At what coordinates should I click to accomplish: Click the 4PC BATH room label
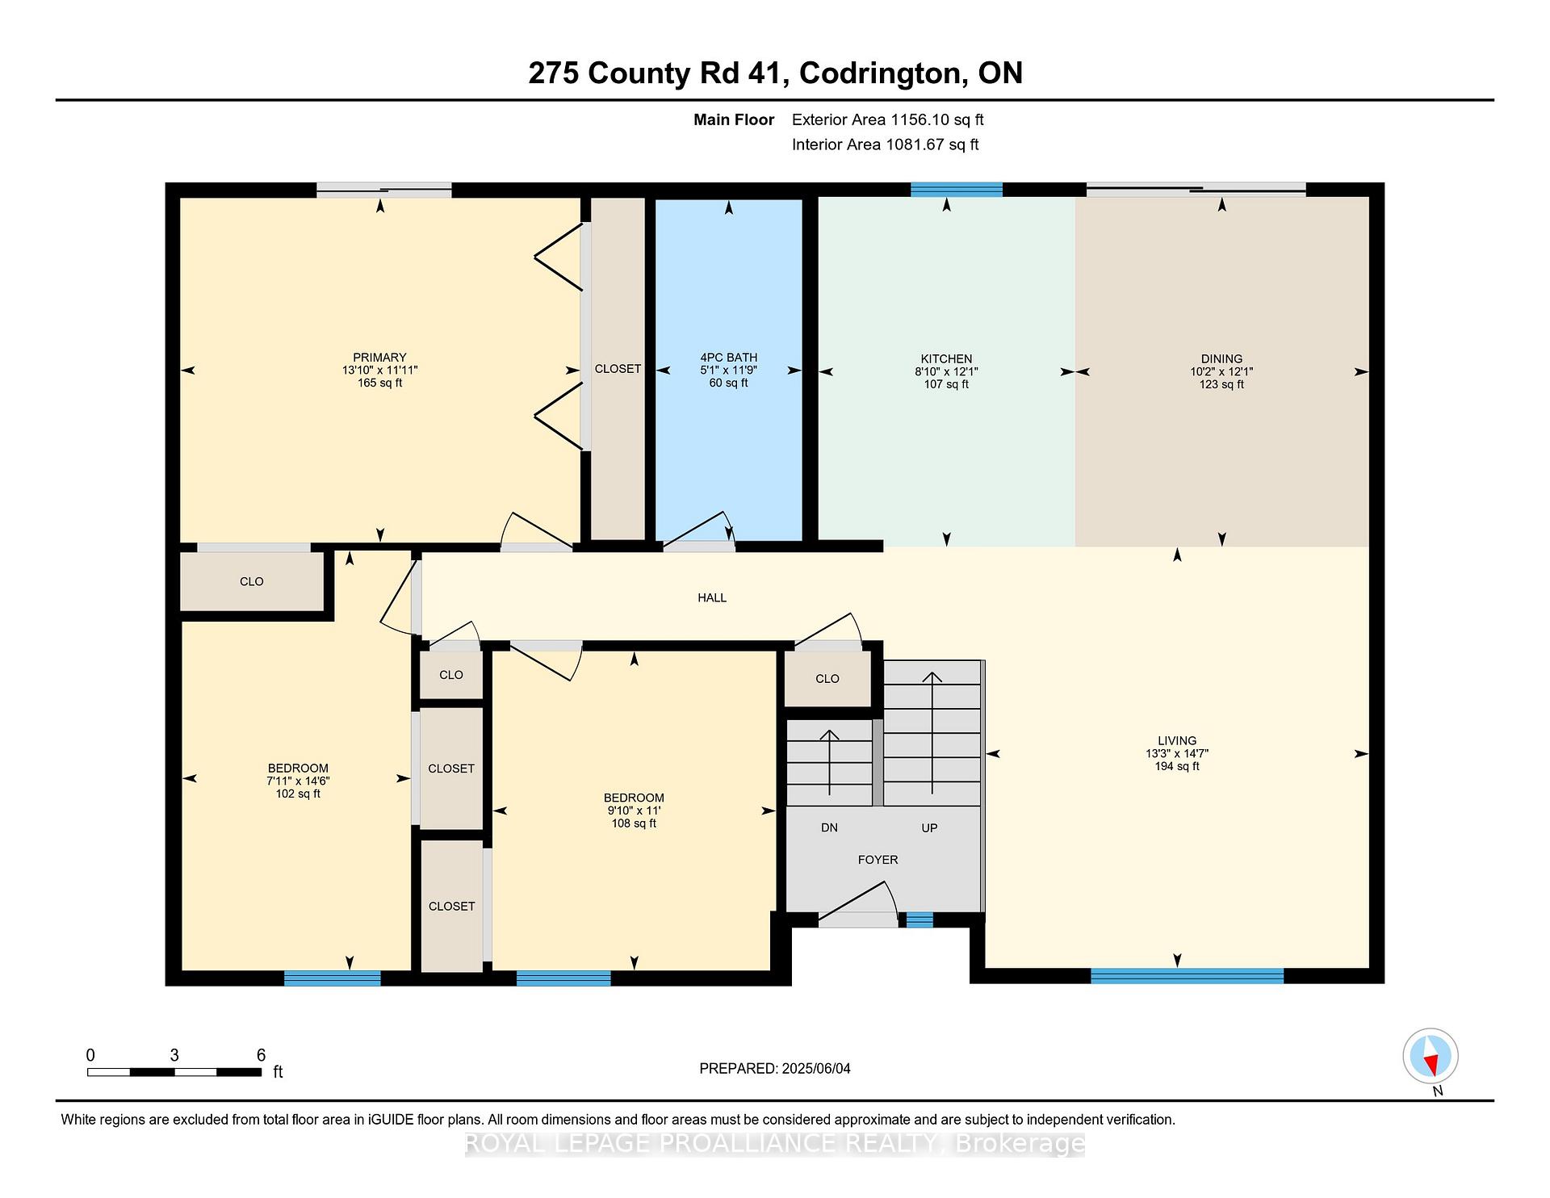pos(728,358)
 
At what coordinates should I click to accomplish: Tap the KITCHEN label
pos(946,359)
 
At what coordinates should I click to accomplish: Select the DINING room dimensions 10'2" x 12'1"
pos(1221,372)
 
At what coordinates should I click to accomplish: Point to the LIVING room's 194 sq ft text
pos(1177,766)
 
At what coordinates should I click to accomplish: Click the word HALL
pos(712,597)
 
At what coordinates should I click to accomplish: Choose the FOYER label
pos(878,860)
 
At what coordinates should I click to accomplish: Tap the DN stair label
pos(829,827)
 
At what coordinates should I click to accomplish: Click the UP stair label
pos(929,827)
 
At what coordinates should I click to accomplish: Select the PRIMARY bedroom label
pos(379,358)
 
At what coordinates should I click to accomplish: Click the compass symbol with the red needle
pos(1431,1056)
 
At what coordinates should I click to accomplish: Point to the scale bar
pos(174,1072)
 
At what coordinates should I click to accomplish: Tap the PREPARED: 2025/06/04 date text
pos(775,1069)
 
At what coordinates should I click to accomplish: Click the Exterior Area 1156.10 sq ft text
pos(887,120)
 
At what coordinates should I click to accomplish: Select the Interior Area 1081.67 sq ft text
pos(885,145)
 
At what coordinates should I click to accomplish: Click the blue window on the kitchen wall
pos(957,190)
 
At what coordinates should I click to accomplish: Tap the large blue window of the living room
pos(1187,975)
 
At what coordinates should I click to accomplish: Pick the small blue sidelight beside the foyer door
pos(919,919)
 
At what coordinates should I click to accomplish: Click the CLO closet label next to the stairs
pos(827,679)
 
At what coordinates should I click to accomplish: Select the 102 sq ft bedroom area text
pos(298,794)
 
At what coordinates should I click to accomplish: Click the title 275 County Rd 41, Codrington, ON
pos(775,73)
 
